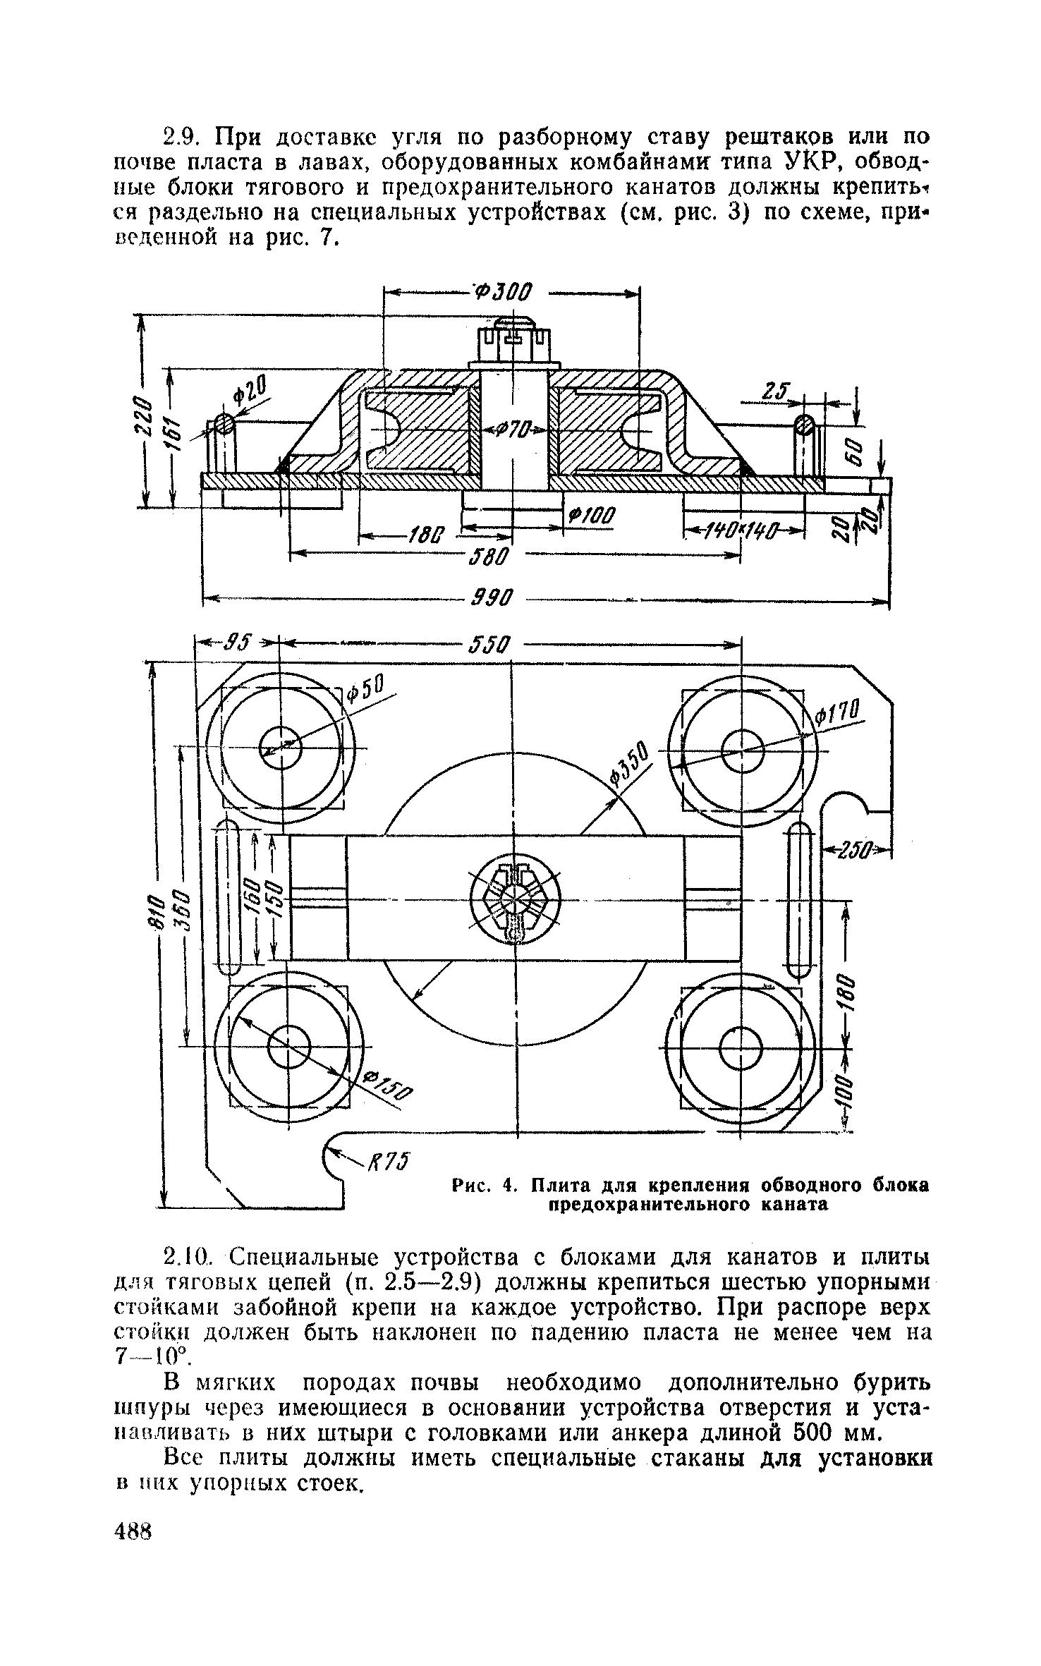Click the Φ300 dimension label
click(x=504, y=291)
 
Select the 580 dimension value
click(x=487, y=557)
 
